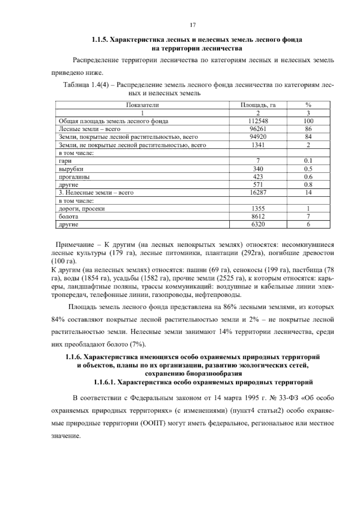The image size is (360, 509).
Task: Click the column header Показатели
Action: click(x=142, y=105)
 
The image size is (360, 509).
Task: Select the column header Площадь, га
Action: click(x=258, y=105)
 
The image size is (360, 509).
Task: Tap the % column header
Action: click(x=308, y=105)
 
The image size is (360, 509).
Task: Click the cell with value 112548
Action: click(x=258, y=121)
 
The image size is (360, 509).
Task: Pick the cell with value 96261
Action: click(x=258, y=129)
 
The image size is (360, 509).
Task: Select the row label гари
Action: click(x=65, y=161)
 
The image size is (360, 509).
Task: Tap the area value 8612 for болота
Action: click(x=258, y=216)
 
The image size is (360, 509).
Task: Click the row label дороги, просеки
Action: click(x=82, y=209)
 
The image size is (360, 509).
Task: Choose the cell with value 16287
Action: click(x=258, y=193)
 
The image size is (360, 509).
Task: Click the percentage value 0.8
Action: click(x=308, y=185)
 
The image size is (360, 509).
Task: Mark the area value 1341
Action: click(x=258, y=145)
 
